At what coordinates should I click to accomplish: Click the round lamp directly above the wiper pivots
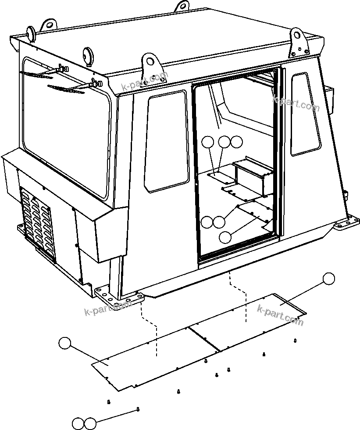click(x=88, y=55)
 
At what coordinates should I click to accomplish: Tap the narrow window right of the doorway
click(x=305, y=114)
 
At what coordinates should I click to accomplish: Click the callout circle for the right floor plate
click(x=328, y=278)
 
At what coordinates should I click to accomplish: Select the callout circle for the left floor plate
click(x=65, y=343)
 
